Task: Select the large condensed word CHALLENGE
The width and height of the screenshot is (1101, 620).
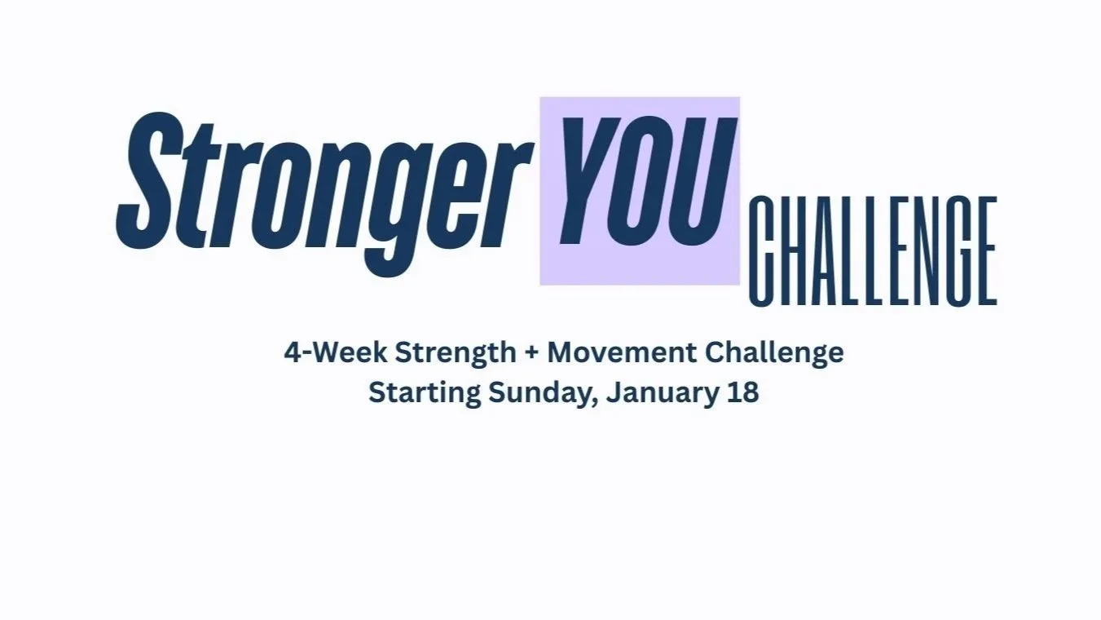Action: click(x=873, y=252)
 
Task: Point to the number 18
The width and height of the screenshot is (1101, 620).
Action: click(x=742, y=392)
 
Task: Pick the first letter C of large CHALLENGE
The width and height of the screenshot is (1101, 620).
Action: click(x=764, y=252)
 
